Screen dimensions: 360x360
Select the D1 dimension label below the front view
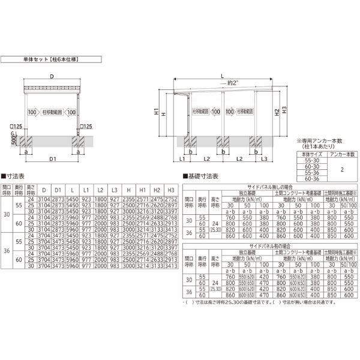click(52, 159)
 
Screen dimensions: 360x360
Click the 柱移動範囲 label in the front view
click(51, 112)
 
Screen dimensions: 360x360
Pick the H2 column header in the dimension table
click(157, 190)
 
